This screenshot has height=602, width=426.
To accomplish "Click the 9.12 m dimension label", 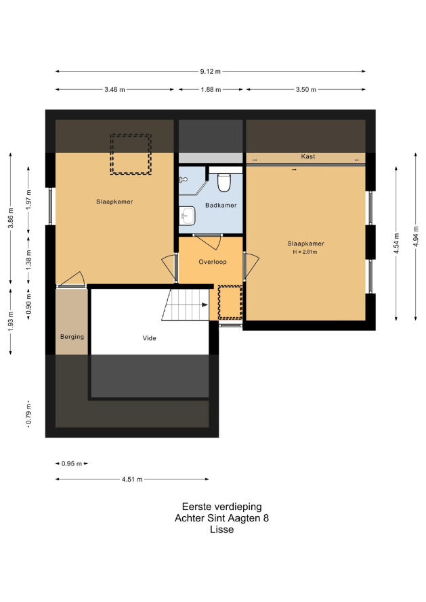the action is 210,72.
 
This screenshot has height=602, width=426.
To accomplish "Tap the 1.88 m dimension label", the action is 211,90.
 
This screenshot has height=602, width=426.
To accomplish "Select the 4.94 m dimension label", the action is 416,236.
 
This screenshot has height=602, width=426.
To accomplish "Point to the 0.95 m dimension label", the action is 72,464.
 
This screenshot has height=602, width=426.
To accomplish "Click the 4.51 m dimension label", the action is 132,480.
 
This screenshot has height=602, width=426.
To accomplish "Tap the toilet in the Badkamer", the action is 223,183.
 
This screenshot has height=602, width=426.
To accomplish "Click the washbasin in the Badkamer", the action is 188,216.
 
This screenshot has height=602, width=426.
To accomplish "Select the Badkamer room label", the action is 221,206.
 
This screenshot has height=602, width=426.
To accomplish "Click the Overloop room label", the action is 213,262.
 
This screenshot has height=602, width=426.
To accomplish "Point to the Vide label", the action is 149,338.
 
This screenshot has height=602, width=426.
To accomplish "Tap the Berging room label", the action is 72,337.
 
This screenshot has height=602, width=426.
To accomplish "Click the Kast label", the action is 308,157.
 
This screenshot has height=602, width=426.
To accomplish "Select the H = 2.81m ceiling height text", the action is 305,252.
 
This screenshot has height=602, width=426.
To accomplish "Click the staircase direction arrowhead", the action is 205,305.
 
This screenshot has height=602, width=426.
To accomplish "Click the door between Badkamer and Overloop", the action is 208,241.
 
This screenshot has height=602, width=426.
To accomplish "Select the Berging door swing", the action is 71,279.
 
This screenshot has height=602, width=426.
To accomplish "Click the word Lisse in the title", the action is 222,530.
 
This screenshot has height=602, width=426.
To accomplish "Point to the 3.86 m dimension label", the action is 11,218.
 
